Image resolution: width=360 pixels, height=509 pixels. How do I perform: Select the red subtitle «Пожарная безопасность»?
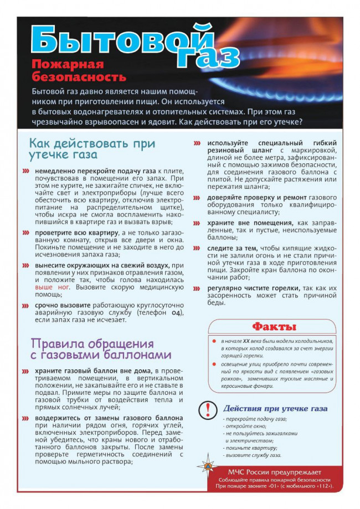(x=78, y=70)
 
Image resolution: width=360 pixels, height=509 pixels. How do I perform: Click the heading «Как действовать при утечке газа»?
(x=91, y=148)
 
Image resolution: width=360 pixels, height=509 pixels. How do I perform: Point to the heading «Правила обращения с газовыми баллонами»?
(x=100, y=349)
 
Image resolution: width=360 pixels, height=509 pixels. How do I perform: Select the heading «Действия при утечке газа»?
(x=275, y=409)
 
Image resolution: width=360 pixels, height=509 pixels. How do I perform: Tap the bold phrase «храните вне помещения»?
(x=247, y=223)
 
